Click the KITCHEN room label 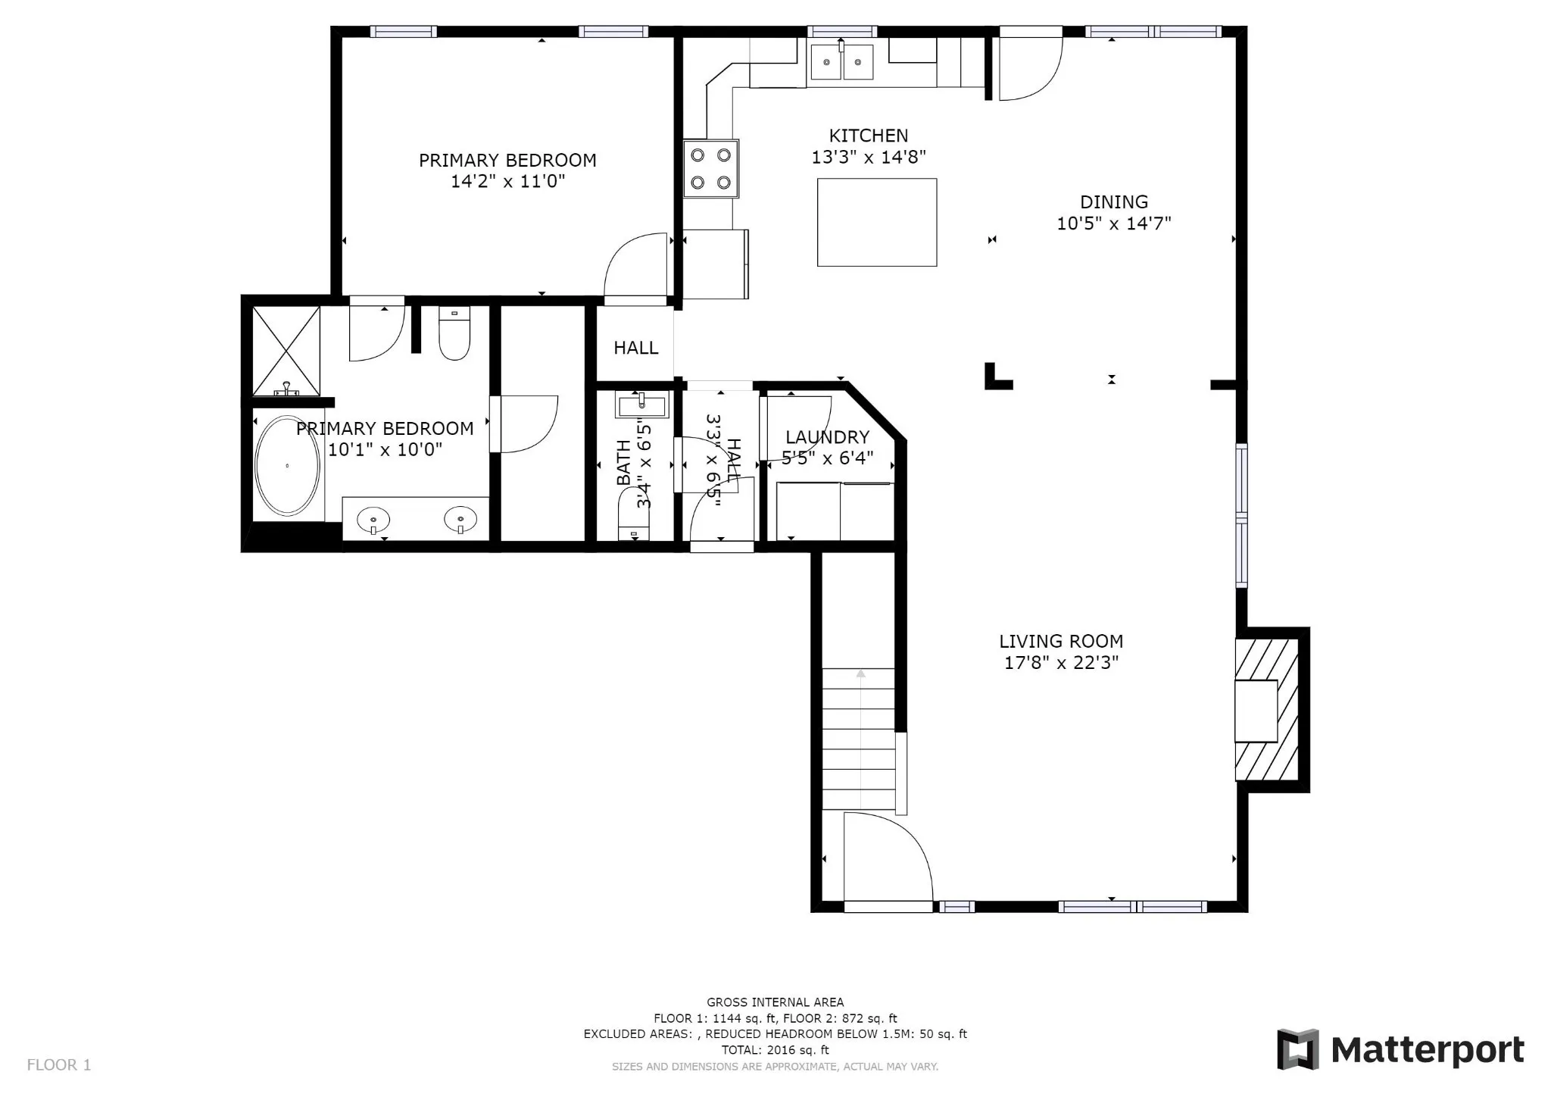(x=868, y=136)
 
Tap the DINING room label (x=1113, y=202)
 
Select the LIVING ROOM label (x=1060, y=642)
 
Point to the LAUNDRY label (x=827, y=437)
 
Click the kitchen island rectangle (x=877, y=222)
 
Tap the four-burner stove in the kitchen (x=711, y=168)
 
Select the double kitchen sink (x=841, y=61)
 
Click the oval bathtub (x=287, y=466)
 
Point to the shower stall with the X (x=286, y=351)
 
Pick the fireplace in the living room (x=1266, y=710)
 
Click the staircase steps (x=859, y=739)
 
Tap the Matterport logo (x=1400, y=1050)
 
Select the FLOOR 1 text (x=59, y=1065)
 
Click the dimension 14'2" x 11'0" (x=507, y=182)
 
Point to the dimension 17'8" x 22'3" (x=1061, y=664)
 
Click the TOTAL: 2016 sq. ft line (x=775, y=1050)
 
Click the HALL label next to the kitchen (x=635, y=348)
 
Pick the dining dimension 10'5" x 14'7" (x=1113, y=223)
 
